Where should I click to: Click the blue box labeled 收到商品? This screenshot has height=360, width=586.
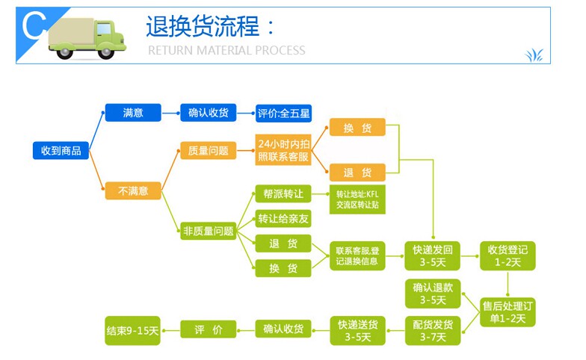(x=61, y=151)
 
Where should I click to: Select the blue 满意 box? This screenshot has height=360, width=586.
(x=133, y=113)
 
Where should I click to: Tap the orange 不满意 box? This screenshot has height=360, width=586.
(x=133, y=191)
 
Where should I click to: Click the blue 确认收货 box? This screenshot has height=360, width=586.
(x=208, y=113)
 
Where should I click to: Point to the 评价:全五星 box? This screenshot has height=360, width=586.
(x=283, y=114)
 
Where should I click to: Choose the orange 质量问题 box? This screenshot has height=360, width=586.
(x=208, y=151)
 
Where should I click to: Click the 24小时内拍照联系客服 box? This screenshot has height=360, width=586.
(x=283, y=150)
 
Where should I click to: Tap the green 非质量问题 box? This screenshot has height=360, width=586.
(x=208, y=231)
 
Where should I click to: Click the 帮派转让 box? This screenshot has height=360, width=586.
(x=283, y=193)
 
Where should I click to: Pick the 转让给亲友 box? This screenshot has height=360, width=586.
(x=283, y=219)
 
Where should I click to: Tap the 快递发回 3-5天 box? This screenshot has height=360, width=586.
(x=433, y=255)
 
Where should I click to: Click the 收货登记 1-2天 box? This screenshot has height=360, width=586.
(x=508, y=255)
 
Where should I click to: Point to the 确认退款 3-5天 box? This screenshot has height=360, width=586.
(x=433, y=294)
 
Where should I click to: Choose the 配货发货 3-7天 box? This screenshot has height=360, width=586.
(x=433, y=331)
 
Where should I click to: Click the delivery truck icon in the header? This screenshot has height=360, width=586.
(x=86, y=37)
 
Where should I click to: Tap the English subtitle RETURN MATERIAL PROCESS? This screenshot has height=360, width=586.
(x=226, y=51)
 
